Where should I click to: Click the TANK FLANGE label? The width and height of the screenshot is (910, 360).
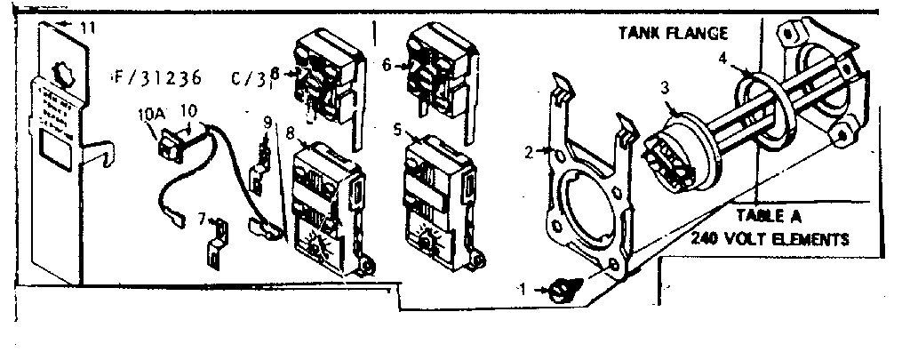pos(673,35)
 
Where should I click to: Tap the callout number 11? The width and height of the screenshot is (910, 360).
pos(85,28)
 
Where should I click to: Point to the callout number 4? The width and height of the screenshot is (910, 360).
pos(723,59)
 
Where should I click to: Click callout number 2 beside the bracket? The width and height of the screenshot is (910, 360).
pos(529,152)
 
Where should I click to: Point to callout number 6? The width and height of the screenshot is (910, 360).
pos(387,64)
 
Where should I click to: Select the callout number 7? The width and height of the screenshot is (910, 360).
pos(202,218)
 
